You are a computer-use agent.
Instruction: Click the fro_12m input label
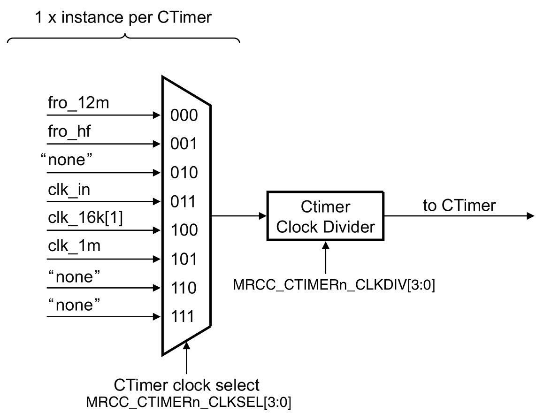(x=78, y=103)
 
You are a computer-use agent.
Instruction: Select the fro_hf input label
(x=69, y=132)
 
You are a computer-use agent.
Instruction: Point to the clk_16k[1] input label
(x=85, y=219)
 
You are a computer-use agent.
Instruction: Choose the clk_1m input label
(x=74, y=247)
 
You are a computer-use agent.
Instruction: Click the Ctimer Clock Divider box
(x=326, y=216)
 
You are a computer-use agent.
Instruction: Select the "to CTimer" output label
(x=459, y=206)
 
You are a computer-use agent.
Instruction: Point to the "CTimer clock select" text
(x=187, y=385)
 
